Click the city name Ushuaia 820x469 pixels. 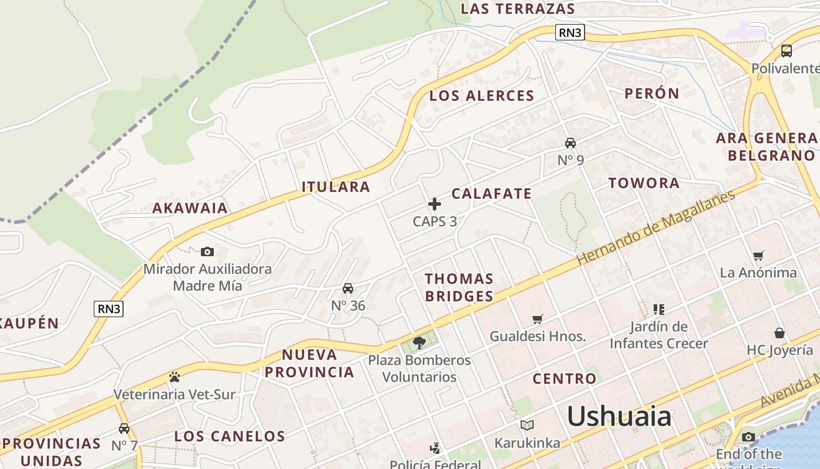619,416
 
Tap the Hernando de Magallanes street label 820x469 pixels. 655,227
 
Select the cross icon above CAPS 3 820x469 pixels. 435,204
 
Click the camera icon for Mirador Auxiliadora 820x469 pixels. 207,252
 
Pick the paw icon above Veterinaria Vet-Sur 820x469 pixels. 174,376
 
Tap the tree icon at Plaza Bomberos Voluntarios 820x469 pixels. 419,342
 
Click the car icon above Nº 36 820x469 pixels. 348,288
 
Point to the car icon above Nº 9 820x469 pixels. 570,142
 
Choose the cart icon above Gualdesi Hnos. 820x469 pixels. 538,319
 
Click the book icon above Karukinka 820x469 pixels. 527,425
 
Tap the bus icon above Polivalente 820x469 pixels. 787,51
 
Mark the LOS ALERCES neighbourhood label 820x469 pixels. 482,96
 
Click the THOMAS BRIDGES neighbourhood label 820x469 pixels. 459,287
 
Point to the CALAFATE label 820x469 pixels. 491,193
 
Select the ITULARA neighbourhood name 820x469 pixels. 336,187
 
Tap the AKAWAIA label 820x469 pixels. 190,208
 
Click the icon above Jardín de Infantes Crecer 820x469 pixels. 659,309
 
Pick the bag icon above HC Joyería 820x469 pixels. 780,333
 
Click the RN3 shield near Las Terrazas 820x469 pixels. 570,33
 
